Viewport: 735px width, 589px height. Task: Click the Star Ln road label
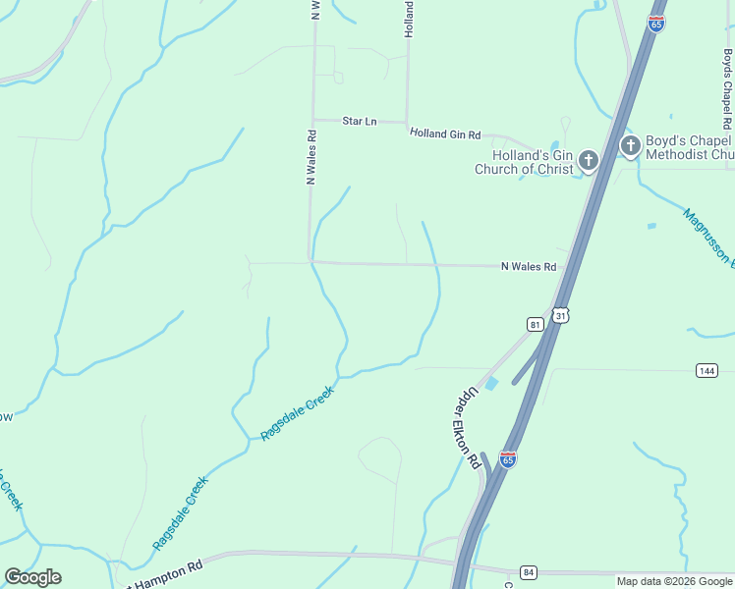pos(359,121)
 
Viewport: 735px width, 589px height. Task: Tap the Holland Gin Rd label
pos(445,134)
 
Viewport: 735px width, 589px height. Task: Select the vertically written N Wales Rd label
pos(311,158)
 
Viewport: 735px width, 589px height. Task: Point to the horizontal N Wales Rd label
pos(529,266)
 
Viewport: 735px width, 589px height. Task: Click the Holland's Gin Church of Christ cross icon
pos(589,160)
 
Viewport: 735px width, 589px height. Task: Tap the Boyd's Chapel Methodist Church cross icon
pos(630,146)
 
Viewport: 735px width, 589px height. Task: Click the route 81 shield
pos(535,324)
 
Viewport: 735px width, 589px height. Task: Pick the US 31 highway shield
pos(559,315)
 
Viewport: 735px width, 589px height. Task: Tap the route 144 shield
pos(707,370)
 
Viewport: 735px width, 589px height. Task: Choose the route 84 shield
pos(529,572)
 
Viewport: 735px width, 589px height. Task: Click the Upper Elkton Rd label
pos(473,427)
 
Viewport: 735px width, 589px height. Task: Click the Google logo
pos(32,577)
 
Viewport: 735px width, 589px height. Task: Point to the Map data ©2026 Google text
pos(673,581)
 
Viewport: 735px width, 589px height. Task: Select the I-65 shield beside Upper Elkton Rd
pos(507,459)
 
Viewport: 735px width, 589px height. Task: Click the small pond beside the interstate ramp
pos(492,383)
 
